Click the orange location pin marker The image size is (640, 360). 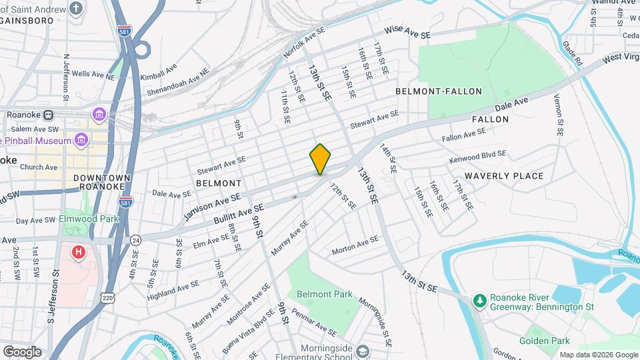click(320, 159)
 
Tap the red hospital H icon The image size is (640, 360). click(79, 253)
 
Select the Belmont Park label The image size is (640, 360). click(325, 295)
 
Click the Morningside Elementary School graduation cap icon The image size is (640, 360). click(362, 351)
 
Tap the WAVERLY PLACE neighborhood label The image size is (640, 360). click(504, 176)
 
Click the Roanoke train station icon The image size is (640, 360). click(48, 115)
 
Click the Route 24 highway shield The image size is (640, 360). click(135, 239)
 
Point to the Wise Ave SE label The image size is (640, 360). click(408, 32)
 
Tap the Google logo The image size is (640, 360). click(22, 351)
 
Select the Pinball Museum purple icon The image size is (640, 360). click(81, 141)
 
